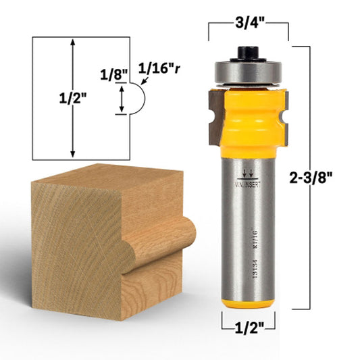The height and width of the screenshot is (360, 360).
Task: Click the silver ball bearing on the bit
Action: pyautogui.click(x=248, y=72)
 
